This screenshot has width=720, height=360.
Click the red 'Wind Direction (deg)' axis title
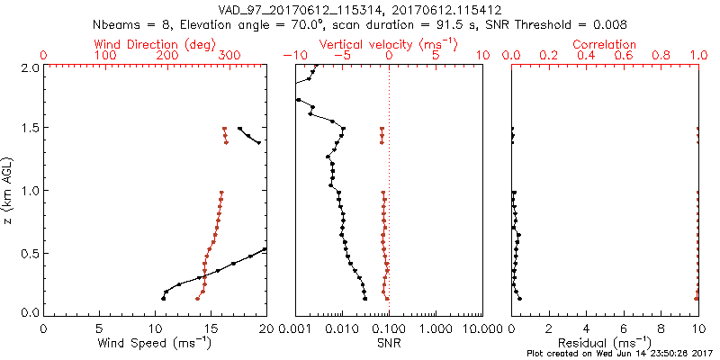point(155,44)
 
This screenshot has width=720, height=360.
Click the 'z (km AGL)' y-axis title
point(10,190)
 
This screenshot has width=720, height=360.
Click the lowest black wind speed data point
point(163,298)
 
